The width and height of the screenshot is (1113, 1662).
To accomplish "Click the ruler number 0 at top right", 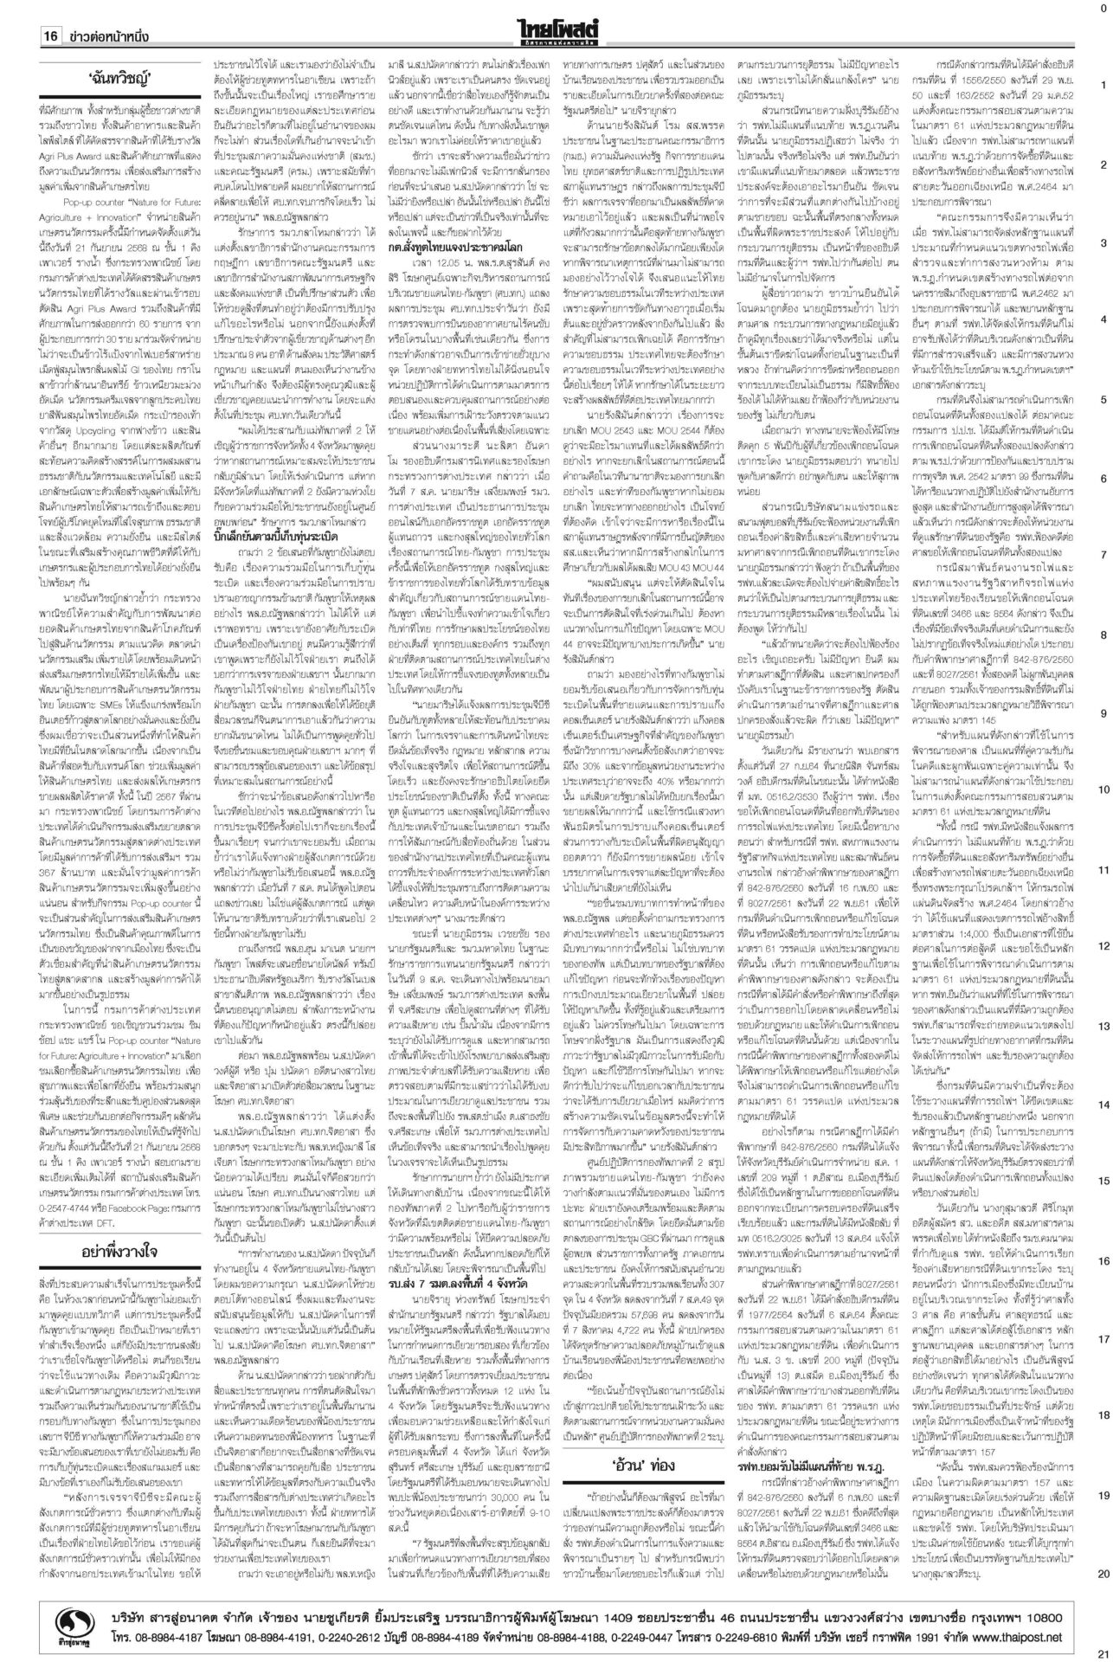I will click(1102, 8).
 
